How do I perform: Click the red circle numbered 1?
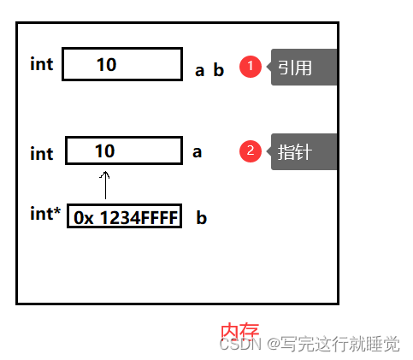(x=251, y=67)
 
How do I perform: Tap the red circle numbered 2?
(x=251, y=151)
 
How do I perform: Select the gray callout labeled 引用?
(x=303, y=68)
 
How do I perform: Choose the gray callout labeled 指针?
(x=303, y=151)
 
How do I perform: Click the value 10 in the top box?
(x=106, y=64)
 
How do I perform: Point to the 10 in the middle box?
(x=104, y=150)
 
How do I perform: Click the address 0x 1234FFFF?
(x=126, y=218)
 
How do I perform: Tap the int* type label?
(x=45, y=213)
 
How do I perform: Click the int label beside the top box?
(x=42, y=64)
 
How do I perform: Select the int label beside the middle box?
(x=42, y=154)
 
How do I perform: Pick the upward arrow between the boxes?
(x=105, y=185)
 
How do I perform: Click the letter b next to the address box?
(x=202, y=218)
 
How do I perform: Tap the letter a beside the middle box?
(x=197, y=152)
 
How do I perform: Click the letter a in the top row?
(x=199, y=71)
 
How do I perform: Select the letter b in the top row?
(x=219, y=70)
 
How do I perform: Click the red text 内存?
(x=240, y=331)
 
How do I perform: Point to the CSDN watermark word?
(x=240, y=344)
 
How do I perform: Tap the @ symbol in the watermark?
(x=274, y=344)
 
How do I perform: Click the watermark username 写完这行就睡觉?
(x=340, y=344)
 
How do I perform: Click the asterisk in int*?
(x=57, y=210)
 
